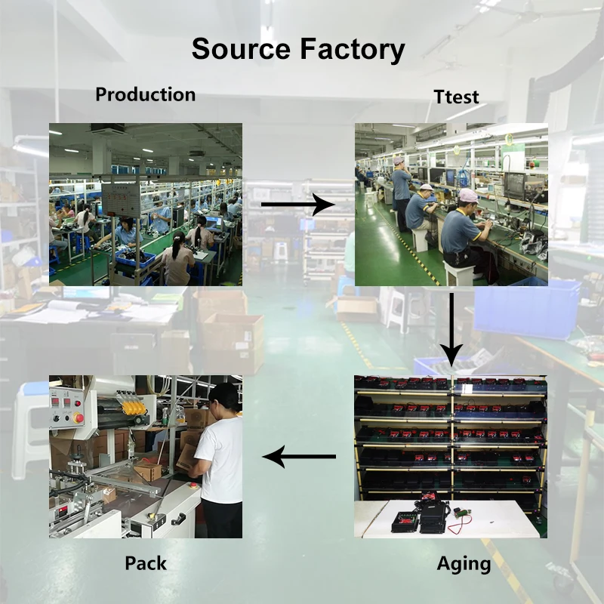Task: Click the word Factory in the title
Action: click(353, 49)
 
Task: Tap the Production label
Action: click(145, 94)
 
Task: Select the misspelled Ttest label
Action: click(456, 97)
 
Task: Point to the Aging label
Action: click(464, 564)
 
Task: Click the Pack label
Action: click(146, 563)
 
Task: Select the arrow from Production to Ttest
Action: click(297, 204)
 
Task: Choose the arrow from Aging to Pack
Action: click(299, 456)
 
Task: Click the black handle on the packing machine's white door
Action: click(178, 519)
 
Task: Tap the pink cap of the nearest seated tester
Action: click(468, 196)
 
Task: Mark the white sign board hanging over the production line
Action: click(121, 197)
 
